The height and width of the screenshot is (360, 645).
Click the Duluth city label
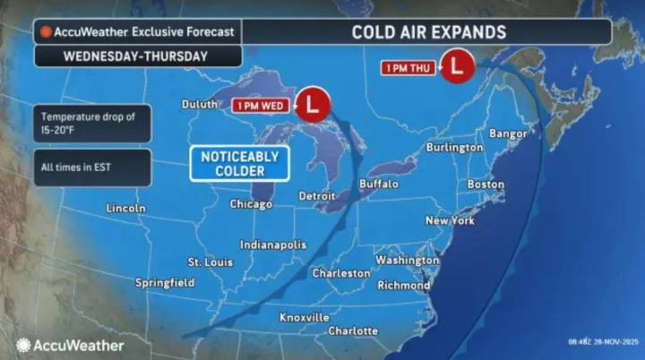pos(199,105)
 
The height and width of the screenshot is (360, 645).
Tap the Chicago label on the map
pos(251,204)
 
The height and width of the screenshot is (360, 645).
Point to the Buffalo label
pos(378,184)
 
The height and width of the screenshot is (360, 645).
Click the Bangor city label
pos(506,133)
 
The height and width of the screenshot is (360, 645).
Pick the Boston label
pos(486,184)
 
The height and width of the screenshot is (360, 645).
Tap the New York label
pos(450,219)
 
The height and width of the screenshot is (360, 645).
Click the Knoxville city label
pos(305,317)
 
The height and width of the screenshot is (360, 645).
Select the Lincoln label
pos(125,208)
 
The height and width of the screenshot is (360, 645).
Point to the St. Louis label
pos(210,262)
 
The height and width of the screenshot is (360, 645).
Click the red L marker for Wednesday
pos(312,105)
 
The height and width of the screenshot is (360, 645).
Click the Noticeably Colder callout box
pos(239,163)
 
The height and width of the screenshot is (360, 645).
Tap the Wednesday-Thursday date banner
pos(135,56)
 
